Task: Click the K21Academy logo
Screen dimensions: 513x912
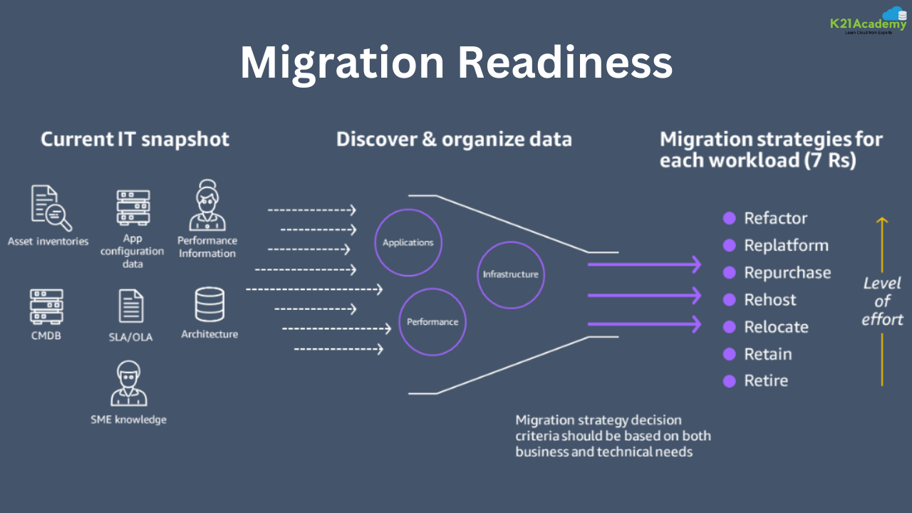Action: (x=868, y=21)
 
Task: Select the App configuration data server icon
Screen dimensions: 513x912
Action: (x=133, y=207)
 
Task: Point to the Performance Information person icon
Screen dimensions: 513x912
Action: (x=207, y=204)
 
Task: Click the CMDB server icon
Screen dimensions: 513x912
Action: (x=46, y=306)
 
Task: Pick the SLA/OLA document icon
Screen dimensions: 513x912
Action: (x=131, y=306)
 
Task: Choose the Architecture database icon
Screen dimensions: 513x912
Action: (x=209, y=304)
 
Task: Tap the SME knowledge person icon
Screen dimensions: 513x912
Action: (x=129, y=384)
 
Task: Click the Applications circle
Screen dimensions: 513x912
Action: (x=408, y=242)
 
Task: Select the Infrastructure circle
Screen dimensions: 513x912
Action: (x=511, y=274)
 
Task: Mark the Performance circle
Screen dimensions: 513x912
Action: (x=432, y=322)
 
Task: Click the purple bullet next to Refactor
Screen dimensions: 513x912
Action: (x=729, y=218)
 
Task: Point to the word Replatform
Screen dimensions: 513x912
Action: (x=786, y=246)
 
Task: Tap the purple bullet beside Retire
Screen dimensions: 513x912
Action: (x=729, y=381)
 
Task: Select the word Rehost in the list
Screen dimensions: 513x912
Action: (x=770, y=300)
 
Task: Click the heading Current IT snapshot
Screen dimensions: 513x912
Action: (x=135, y=139)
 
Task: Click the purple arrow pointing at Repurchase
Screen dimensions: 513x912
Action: (x=645, y=265)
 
